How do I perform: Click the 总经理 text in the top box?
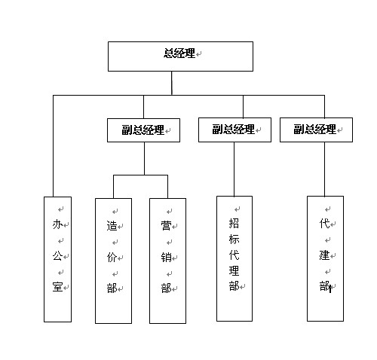pos(179,53)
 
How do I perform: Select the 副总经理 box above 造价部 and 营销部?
pos(143,130)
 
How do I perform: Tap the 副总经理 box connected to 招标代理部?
pos(234,130)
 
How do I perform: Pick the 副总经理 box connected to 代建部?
pos(316,130)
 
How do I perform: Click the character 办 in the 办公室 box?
pos(57,224)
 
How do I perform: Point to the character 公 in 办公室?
pos(57,256)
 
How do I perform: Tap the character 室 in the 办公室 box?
pos(57,287)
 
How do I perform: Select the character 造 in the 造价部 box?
pos(112,226)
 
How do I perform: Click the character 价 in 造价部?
pos(112,257)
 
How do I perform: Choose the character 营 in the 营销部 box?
pos(166,226)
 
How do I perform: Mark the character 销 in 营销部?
pos(166,257)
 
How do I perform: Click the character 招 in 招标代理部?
pos(234,223)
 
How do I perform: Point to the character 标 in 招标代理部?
pos(234,239)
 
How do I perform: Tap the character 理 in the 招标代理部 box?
pos(234,270)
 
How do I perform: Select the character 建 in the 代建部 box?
pos(324,255)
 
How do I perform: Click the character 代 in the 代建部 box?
pos(324,223)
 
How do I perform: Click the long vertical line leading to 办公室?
pos(53,146)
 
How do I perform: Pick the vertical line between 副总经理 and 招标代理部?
pos(234,169)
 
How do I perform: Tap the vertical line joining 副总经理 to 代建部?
pos(324,169)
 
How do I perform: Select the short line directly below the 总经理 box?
pos(172,83)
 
